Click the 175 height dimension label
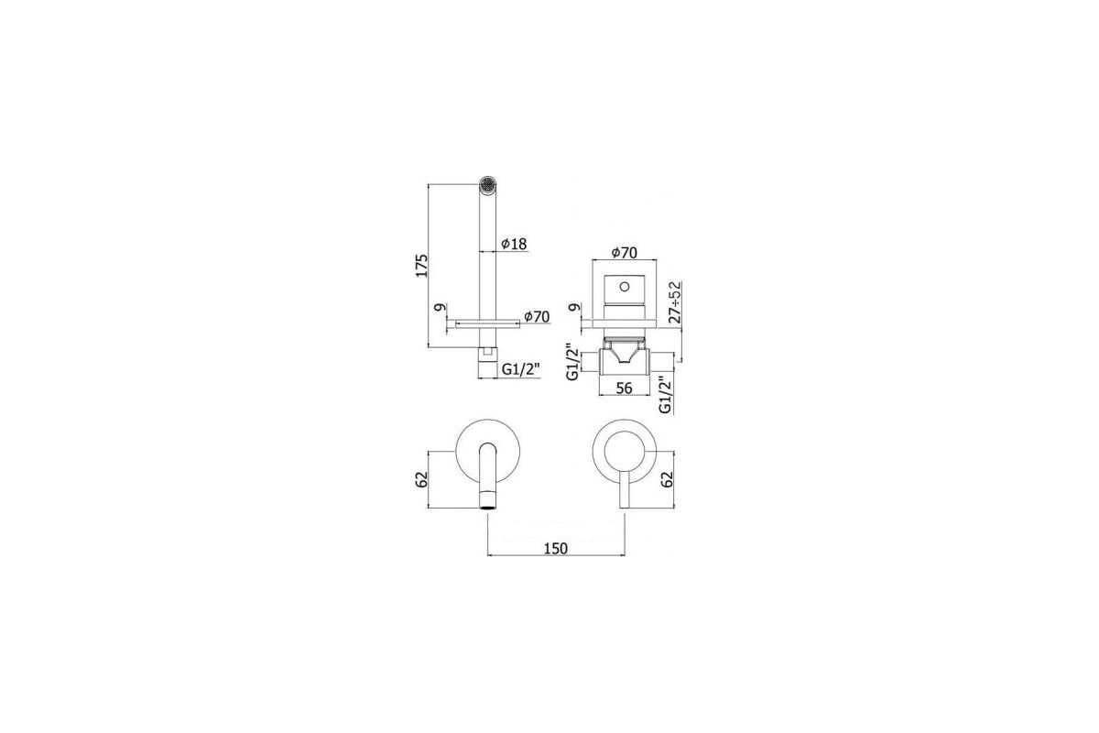(x=422, y=266)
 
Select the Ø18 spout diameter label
(x=514, y=244)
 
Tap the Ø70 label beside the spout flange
(x=537, y=317)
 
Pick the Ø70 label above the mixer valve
(x=624, y=252)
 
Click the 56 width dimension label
(x=624, y=388)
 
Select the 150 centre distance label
(x=555, y=549)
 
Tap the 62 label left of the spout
(x=422, y=480)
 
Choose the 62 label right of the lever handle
(x=667, y=480)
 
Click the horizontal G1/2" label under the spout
(x=520, y=369)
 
